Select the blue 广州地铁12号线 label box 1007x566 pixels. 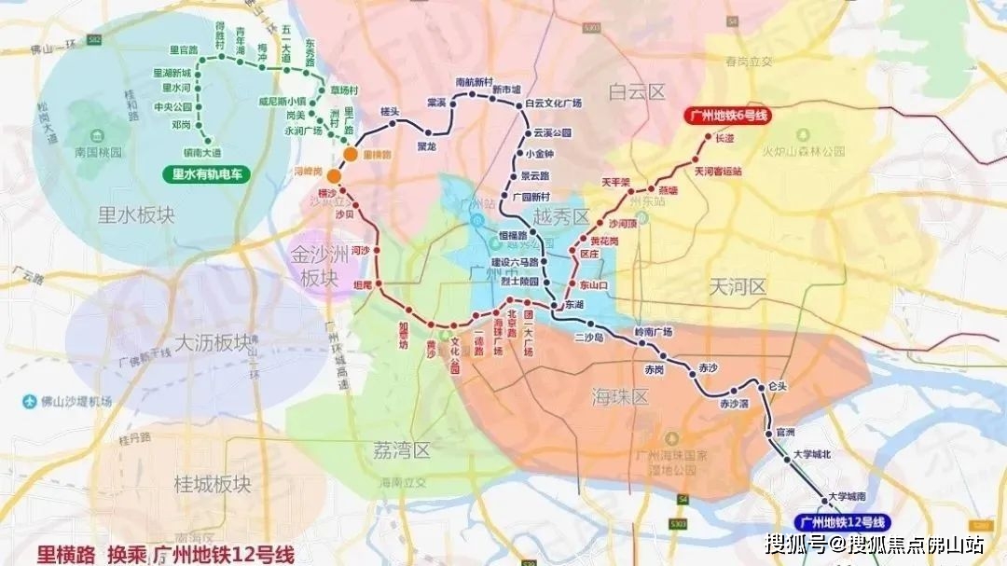click(x=843, y=522)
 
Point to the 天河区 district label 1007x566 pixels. click(x=737, y=286)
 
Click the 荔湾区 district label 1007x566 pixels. click(x=401, y=451)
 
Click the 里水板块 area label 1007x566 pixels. click(x=136, y=216)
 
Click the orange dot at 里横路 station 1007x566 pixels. click(x=349, y=154)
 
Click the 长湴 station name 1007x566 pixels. click(x=724, y=138)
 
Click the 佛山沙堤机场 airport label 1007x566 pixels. click(x=75, y=402)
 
